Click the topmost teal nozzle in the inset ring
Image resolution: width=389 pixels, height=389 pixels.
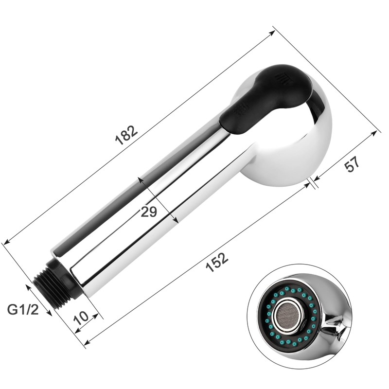point(287,288)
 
